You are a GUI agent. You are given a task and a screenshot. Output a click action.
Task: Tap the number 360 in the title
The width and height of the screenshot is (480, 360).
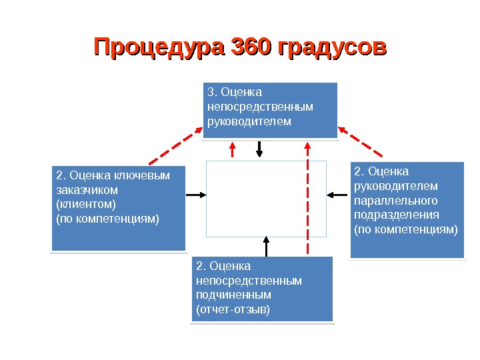point(249,48)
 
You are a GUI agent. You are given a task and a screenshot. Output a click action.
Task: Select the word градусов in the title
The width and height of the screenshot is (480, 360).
point(331,48)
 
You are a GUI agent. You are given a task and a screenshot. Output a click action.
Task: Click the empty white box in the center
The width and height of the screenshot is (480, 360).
point(266,198)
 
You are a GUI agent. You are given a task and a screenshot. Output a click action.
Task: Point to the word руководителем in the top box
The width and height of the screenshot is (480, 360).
point(249,121)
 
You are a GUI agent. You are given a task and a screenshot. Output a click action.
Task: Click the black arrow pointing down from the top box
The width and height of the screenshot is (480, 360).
point(259,149)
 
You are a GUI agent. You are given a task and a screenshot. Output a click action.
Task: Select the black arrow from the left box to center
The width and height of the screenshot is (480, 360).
point(196,195)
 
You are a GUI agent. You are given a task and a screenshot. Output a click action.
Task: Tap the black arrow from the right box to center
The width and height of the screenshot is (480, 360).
point(338,195)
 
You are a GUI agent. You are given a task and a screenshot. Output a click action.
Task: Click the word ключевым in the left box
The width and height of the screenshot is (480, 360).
point(141,175)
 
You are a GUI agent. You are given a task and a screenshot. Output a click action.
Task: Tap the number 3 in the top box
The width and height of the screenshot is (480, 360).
point(211,92)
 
